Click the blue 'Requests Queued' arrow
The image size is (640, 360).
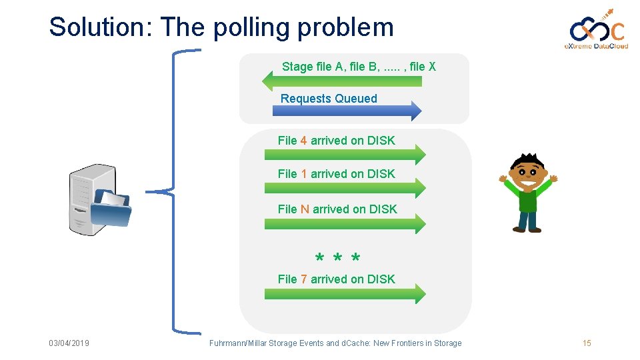pos(347,111)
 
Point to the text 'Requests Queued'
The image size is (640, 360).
pos(329,99)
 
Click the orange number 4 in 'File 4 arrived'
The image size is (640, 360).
pos(303,141)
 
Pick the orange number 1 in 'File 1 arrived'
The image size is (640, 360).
pos(303,174)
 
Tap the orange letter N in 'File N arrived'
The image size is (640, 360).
pos(305,209)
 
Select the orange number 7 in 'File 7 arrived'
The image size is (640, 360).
pos(303,279)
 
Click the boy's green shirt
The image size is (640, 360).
pos(527,199)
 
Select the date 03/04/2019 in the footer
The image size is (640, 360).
pos(69,343)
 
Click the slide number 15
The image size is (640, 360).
pos(587,343)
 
